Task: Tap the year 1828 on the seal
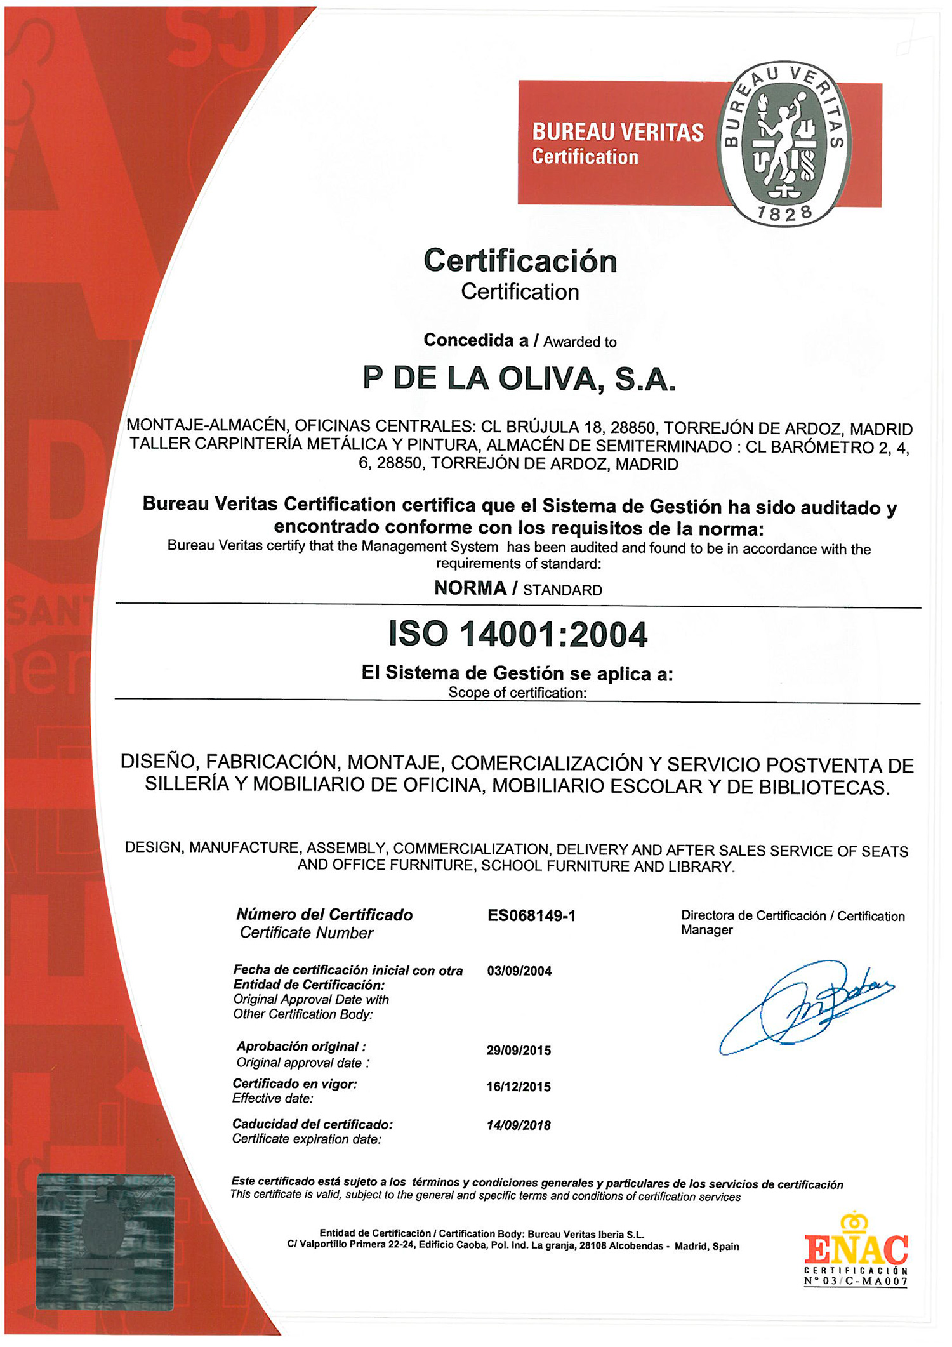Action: (785, 213)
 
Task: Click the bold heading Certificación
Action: (520, 261)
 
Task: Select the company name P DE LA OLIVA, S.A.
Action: (519, 379)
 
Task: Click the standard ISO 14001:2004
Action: (518, 634)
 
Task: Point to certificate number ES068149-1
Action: (531, 915)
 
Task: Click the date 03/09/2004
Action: (519, 971)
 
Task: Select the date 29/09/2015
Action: (519, 1051)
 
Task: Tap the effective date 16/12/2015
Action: (519, 1087)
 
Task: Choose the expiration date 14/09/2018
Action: (519, 1125)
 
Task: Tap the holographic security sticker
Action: (105, 1241)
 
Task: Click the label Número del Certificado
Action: (324, 915)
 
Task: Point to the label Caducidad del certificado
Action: (312, 1124)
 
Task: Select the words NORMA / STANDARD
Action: (518, 589)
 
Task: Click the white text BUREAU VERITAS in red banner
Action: (618, 132)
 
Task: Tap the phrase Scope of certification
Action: (517, 693)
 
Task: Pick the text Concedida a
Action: (475, 341)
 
